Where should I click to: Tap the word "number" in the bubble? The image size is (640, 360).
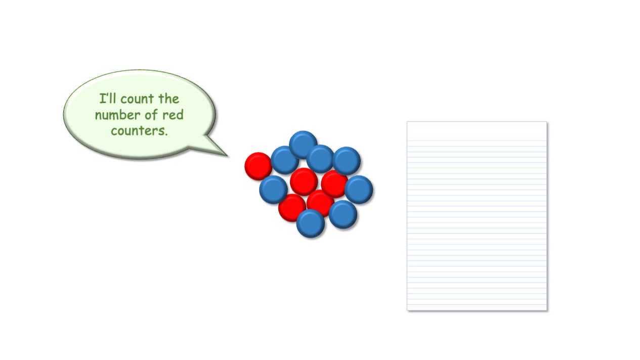(x=117, y=115)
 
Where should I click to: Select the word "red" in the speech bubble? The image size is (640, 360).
(x=173, y=115)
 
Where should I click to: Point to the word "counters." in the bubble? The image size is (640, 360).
(x=139, y=131)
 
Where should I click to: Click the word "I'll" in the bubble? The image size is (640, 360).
(x=107, y=99)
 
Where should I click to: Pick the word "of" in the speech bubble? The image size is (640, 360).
(x=151, y=115)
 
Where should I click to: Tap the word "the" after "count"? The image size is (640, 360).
(x=169, y=99)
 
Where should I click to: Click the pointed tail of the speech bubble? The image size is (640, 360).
(x=228, y=156)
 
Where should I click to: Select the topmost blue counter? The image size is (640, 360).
(x=303, y=145)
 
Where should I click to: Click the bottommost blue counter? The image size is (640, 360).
(x=311, y=223)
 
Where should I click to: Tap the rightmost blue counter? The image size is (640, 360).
(x=359, y=190)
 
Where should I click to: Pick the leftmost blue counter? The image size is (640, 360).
(x=273, y=190)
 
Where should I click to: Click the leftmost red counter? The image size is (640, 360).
(x=258, y=166)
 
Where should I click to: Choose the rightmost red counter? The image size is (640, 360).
(x=334, y=184)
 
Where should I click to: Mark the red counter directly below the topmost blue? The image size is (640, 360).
(x=304, y=182)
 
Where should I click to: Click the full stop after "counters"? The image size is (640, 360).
(x=166, y=135)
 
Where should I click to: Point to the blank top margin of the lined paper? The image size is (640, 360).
(x=477, y=131)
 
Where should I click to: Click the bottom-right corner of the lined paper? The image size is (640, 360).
(x=547, y=310)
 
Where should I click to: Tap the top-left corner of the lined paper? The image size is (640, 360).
(x=407, y=122)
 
